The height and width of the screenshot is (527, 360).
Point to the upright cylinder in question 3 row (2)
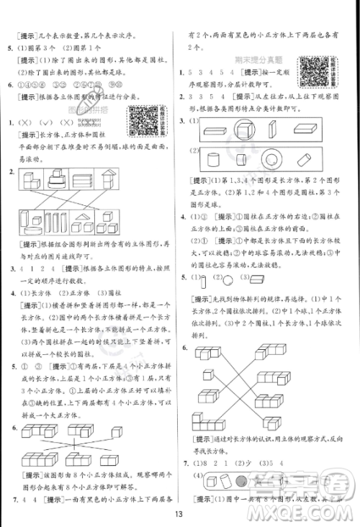(213, 158)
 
